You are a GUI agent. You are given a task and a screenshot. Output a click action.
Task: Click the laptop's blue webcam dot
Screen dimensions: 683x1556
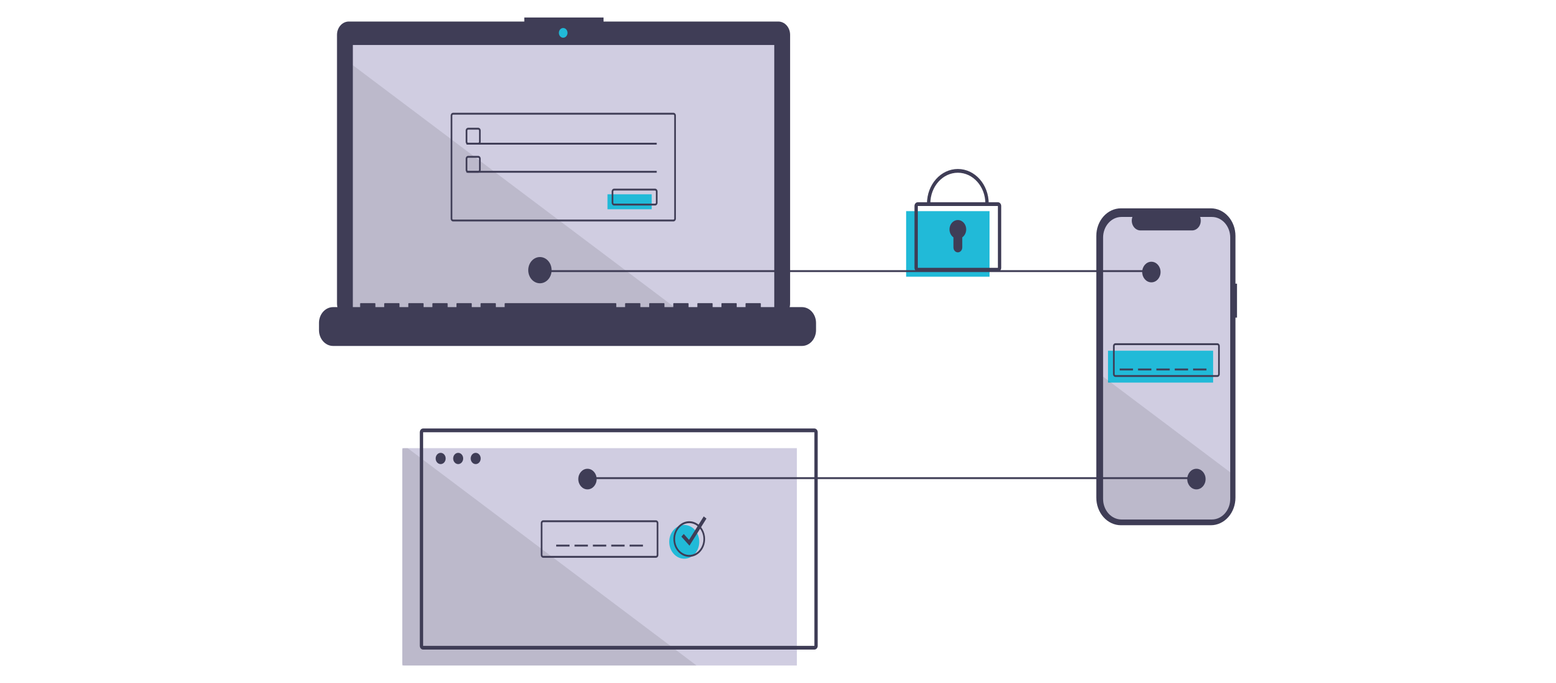tap(563, 33)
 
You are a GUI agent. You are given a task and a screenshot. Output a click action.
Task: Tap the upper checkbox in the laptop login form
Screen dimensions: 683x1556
tap(473, 136)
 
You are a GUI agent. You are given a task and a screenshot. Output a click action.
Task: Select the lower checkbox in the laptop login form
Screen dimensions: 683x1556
tap(473, 164)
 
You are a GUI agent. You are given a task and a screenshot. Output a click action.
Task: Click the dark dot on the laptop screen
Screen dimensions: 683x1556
tap(540, 270)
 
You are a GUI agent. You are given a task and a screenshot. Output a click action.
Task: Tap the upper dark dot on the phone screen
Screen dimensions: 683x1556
tap(1151, 272)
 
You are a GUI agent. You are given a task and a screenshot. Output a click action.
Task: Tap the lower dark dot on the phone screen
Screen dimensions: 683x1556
tap(1196, 479)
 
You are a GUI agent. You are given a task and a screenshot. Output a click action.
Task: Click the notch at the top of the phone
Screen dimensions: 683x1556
tap(1166, 222)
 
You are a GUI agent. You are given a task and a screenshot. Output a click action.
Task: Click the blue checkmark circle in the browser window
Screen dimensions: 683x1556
tap(687, 539)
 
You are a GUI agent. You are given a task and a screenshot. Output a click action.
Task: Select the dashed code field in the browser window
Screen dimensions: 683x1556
tap(599, 538)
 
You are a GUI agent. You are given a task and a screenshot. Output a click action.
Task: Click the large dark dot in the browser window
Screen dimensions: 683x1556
tap(587, 479)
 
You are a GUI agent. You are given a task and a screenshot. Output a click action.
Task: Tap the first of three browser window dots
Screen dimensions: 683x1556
tap(441, 458)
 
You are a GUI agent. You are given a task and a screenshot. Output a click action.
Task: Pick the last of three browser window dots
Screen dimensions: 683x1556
tap(476, 458)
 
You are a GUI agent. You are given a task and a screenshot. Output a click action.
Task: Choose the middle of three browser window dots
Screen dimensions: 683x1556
tap(458, 458)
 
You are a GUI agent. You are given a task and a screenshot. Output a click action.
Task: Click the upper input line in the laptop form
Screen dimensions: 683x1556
tap(568, 143)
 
